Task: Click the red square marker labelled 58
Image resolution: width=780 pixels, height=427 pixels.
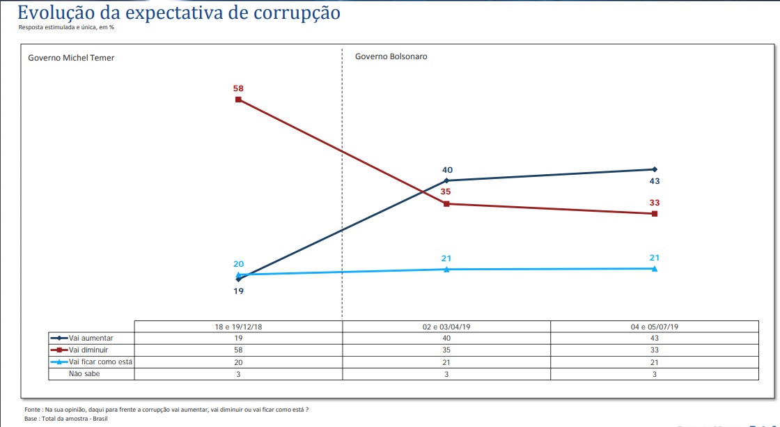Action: (238, 100)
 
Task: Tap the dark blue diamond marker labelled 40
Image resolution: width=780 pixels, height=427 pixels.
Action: (446, 180)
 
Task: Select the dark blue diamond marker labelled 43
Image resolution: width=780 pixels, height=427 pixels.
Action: (655, 169)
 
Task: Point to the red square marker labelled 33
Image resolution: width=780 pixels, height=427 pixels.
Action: (655, 214)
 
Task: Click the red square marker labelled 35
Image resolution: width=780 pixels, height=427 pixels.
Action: (446, 204)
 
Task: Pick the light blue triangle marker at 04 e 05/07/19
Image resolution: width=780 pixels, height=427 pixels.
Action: (655, 268)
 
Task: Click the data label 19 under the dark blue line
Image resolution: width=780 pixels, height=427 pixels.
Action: (238, 290)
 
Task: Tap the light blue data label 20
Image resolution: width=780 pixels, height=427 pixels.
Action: (238, 264)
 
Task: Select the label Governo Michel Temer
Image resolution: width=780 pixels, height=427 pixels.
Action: (71, 58)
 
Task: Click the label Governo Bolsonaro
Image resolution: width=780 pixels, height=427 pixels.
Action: (391, 56)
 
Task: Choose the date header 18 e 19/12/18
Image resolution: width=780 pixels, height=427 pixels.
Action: (238, 326)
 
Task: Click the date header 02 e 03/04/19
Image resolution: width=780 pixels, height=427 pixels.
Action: (446, 326)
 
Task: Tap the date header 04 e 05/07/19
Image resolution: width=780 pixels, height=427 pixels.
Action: (655, 326)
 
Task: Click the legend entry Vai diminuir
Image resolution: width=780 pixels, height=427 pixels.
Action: (86, 350)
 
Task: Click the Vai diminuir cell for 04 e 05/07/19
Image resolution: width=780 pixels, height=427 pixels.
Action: (655, 350)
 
